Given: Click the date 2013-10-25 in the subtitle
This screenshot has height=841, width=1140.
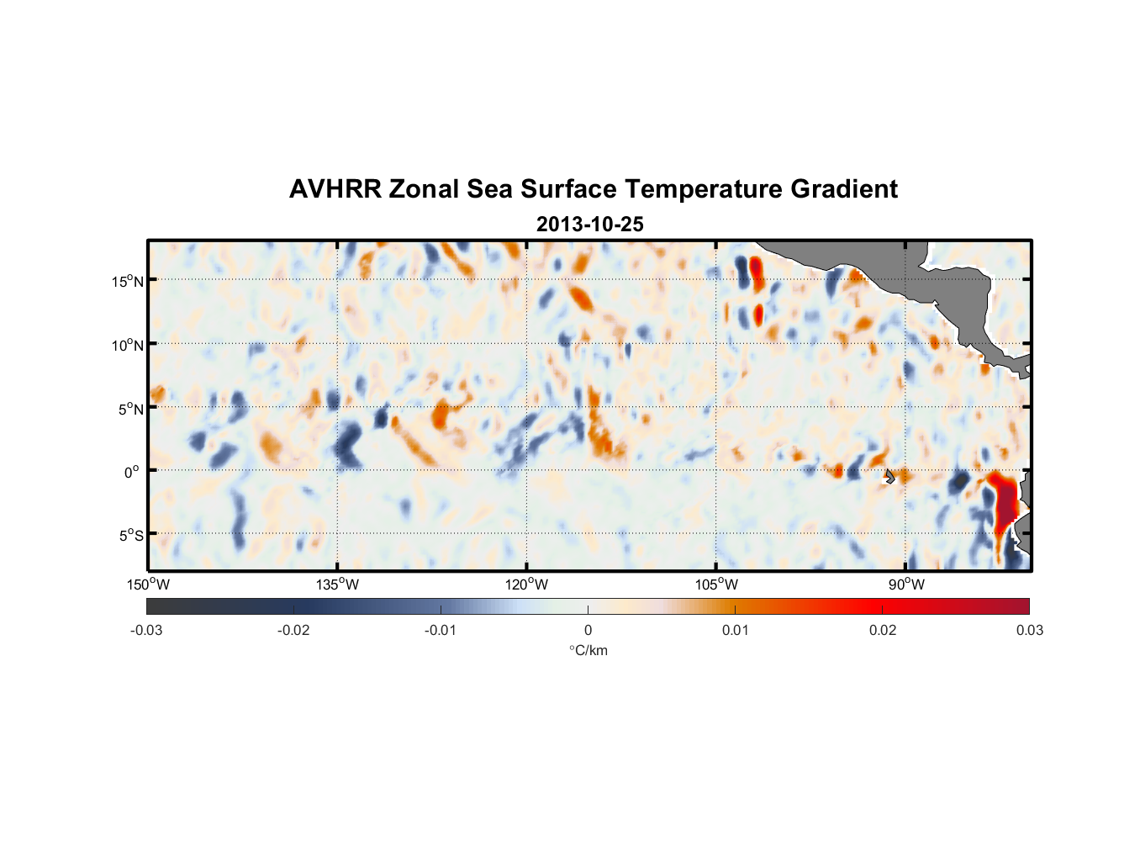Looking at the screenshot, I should (x=589, y=225).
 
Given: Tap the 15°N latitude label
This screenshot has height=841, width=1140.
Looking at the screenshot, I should (x=128, y=281).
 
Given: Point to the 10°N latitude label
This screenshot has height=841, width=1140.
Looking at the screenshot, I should (x=128, y=345).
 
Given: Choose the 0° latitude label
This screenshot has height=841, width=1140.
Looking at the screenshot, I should (x=132, y=472).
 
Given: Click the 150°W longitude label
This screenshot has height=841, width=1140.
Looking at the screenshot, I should (x=148, y=584).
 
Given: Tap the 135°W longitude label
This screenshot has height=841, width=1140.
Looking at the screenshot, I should (x=337, y=584).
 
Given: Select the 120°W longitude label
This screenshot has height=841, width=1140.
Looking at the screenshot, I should (x=526, y=584).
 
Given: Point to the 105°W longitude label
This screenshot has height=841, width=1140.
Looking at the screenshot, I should (x=716, y=584).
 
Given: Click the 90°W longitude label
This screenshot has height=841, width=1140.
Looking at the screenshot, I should (x=906, y=584).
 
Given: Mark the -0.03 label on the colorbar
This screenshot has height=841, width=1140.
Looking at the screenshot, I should (x=146, y=630).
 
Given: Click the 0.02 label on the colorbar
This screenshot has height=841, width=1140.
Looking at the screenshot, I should (x=883, y=630).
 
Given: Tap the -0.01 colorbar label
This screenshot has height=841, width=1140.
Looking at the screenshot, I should (x=441, y=630).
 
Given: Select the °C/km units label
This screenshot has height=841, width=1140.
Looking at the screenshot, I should (x=588, y=650).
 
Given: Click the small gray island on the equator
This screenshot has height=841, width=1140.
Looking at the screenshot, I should (x=889, y=477).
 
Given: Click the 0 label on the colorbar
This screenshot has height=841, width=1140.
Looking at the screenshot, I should (x=588, y=630).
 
